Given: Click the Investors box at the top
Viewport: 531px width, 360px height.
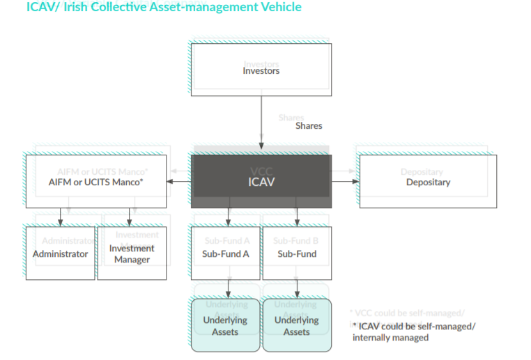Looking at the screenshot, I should (x=261, y=70).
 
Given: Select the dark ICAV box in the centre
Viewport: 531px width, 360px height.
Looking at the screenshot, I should (x=261, y=182).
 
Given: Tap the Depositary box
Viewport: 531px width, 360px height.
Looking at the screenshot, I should (x=428, y=182).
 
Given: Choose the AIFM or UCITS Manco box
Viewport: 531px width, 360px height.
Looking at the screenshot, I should (x=96, y=182).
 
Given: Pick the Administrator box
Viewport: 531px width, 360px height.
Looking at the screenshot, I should (x=61, y=253).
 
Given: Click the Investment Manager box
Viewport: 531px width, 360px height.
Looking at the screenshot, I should (x=132, y=253).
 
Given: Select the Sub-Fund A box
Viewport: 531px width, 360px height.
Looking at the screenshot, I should (x=226, y=253).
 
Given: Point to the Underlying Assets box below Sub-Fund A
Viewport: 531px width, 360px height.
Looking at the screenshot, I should (x=225, y=326).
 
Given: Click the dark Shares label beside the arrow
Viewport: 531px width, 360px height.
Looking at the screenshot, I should (x=309, y=126).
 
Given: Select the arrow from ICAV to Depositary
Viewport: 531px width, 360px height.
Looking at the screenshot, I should (x=346, y=182).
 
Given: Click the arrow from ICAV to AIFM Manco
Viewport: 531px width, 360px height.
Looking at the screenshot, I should (x=179, y=182).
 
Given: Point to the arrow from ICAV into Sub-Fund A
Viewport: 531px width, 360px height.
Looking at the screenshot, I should (x=226, y=217).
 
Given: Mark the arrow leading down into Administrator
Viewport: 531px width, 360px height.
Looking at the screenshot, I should (x=61, y=217).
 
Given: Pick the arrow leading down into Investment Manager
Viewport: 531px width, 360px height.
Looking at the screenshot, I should (x=128, y=217).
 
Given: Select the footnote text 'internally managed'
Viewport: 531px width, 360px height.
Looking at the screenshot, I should (x=390, y=338).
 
